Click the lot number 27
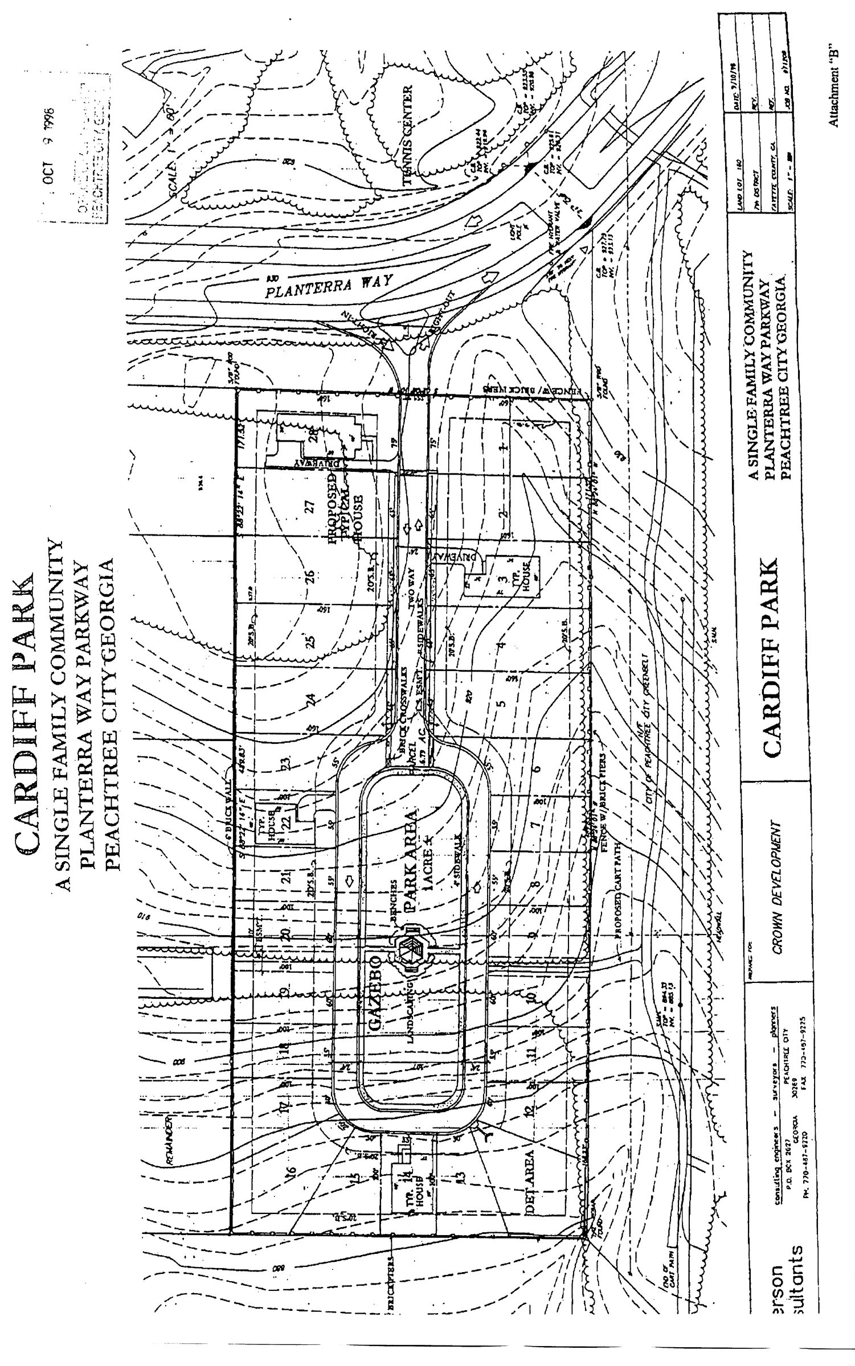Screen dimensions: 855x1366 310,507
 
